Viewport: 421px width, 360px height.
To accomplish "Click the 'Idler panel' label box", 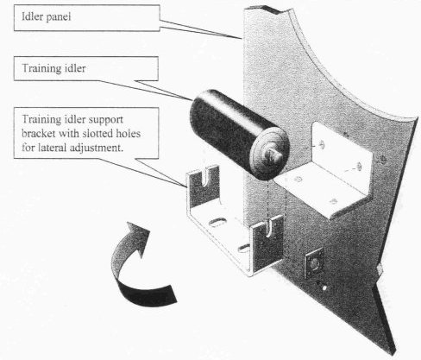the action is [x=87, y=18].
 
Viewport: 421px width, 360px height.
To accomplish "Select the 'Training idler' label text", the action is [x=53, y=68].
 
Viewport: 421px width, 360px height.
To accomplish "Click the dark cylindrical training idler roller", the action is [x=239, y=134].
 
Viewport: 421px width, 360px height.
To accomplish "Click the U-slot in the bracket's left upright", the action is [x=205, y=176].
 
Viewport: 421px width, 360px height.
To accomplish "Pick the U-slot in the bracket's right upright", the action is [x=270, y=228].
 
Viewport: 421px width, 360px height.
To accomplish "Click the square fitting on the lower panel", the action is [x=314, y=263].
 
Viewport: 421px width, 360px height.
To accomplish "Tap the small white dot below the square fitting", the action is [x=324, y=287].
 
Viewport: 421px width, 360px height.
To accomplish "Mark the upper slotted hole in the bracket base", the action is [x=218, y=223].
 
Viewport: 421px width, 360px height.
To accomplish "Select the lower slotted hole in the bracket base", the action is [x=244, y=247].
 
